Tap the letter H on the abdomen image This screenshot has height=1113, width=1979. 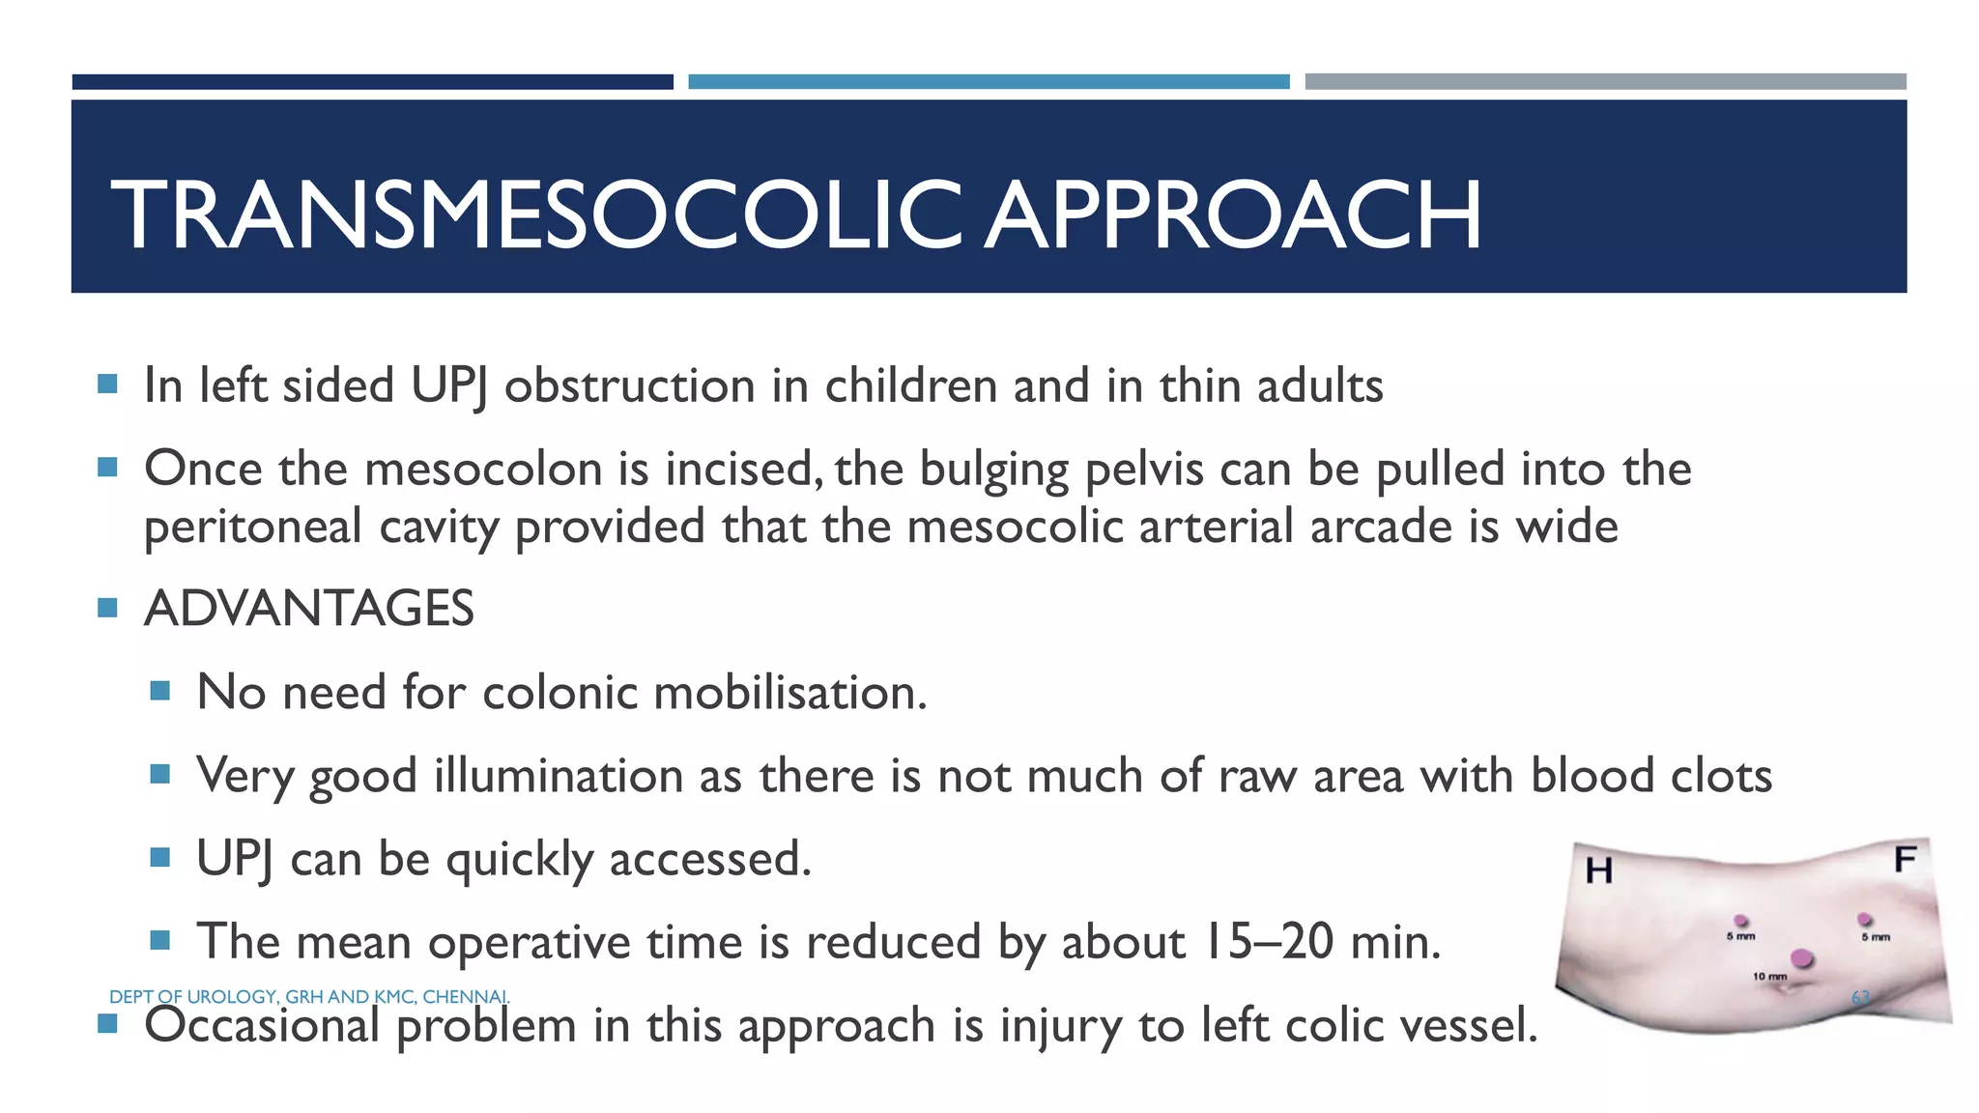tap(1599, 870)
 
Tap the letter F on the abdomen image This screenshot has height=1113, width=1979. tap(1905, 859)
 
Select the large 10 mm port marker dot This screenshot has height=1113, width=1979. tap(1802, 958)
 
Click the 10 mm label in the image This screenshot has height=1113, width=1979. tap(1769, 977)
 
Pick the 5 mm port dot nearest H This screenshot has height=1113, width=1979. tap(1741, 921)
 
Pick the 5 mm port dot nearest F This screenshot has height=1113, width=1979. tap(1865, 919)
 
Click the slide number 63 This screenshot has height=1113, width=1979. tap(1860, 997)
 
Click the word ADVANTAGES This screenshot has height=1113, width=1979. tap(308, 609)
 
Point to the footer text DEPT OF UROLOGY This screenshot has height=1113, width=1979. tap(192, 996)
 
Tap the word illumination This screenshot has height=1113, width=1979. tap(558, 776)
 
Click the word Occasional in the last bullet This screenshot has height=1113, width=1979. tap(261, 1025)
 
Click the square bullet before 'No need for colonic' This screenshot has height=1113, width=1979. tap(160, 691)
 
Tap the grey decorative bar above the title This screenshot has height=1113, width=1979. tap(1605, 82)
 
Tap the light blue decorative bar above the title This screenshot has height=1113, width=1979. tap(989, 82)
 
